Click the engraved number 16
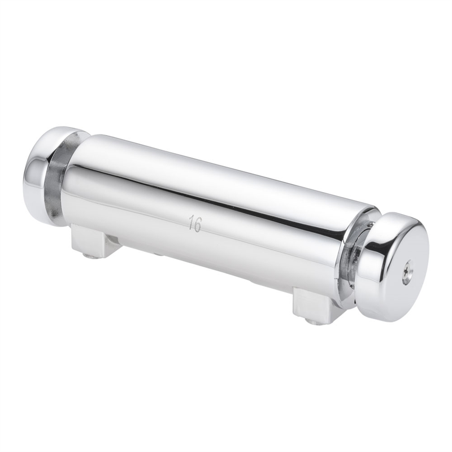coord(195,223)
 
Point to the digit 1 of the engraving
coord(191,222)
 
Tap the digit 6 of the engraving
coord(197,224)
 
